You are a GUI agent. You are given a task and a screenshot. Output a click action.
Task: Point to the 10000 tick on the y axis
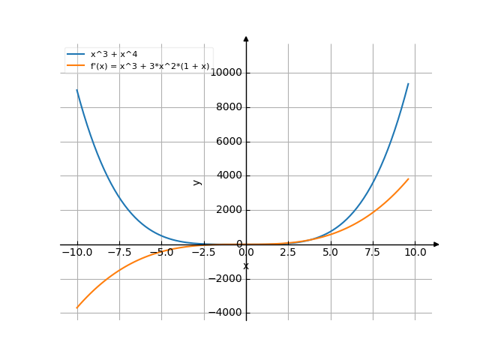(x=226, y=73)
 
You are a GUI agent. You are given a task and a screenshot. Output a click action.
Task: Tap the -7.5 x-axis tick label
(x=118, y=253)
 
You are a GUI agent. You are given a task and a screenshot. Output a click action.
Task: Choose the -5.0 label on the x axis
(x=161, y=253)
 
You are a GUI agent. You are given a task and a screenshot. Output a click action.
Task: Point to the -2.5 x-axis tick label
(x=203, y=253)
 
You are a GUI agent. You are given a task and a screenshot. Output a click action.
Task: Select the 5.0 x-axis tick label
(x=331, y=253)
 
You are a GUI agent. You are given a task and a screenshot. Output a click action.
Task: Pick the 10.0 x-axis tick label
(x=415, y=253)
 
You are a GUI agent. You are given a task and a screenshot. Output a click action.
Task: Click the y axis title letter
(x=197, y=181)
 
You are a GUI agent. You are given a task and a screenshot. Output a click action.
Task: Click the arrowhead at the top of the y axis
(x=246, y=38)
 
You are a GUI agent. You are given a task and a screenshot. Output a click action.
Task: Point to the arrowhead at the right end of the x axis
(x=436, y=244)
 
